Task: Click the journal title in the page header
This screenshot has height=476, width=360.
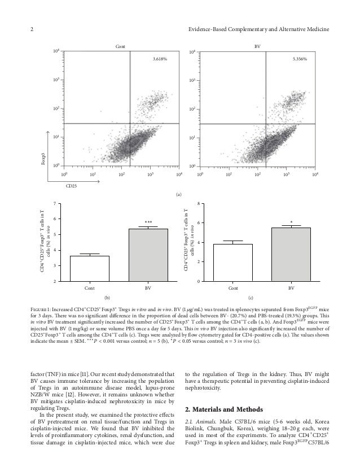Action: pyautogui.click(x=262, y=30)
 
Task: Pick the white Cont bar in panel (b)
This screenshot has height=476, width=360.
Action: pyautogui.click(x=90, y=268)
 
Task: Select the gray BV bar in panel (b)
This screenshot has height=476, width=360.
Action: pyautogui.click(x=148, y=255)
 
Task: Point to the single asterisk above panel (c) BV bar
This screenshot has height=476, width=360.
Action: pyautogui.click(x=291, y=222)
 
